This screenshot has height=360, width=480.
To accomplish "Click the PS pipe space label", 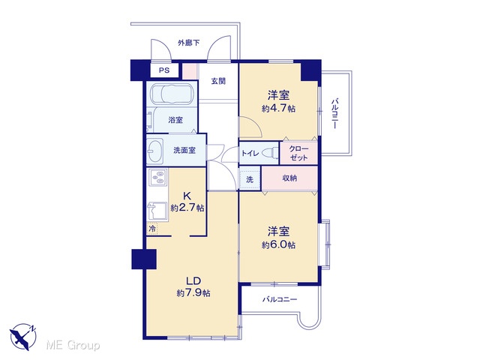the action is pyautogui.click(x=164, y=70).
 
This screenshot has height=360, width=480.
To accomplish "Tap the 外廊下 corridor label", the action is pyautogui.click(x=188, y=43).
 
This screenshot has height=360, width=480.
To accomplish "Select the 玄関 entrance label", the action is pyautogui.click(x=218, y=81).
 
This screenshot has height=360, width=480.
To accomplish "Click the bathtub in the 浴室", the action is pyautogui.click(x=172, y=93).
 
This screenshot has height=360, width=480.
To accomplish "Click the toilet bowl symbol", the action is pyautogui.click(x=270, y=153).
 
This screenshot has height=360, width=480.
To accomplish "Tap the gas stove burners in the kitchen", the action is pyautogui.click(x=158, y=177).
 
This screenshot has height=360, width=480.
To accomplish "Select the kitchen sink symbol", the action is pyautogui.click(x=157, y=211).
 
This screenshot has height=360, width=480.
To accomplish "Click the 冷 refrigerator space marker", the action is pyautogui.click(x=152, y=228).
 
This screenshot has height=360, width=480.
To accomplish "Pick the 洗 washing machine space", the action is pyautogui.click(x=250, y=179).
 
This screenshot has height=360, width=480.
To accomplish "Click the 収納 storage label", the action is pyautogui.click(x=289, y=178).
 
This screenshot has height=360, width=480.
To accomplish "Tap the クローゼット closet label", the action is pyautogui.click(x=298, y=153).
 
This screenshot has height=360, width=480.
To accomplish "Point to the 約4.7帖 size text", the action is pyautogui.click(x=278, y=109).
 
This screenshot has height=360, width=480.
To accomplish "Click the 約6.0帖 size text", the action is pyautogui.click(x=278, y=245).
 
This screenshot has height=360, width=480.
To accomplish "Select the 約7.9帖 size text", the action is pyautogui.click(x=193, y=293).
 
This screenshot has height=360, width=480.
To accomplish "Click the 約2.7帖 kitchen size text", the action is pyautogui.click(x=187, y=208).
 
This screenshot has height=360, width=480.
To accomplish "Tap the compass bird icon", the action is pyautogui.click(x=23, y=337).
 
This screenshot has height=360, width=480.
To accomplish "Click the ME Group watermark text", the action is pyautogui.click(x=73, y=346).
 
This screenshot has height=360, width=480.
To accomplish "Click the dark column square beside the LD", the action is pyautogui.click(x=144, y=259).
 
